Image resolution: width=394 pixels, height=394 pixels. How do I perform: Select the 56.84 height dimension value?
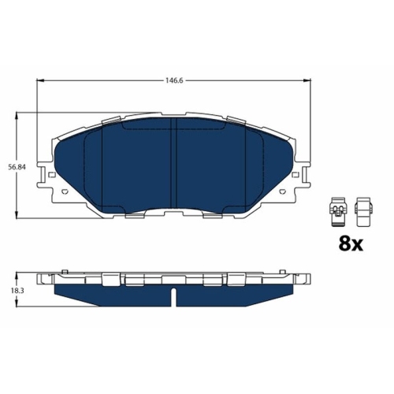click(x=15, y=166)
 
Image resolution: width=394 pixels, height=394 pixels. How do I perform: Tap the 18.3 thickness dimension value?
click(x=15, y=291)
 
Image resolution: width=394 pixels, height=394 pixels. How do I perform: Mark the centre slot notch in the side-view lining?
click(x=173, y=295)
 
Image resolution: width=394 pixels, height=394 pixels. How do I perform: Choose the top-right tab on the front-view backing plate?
click(x=236, y=120)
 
